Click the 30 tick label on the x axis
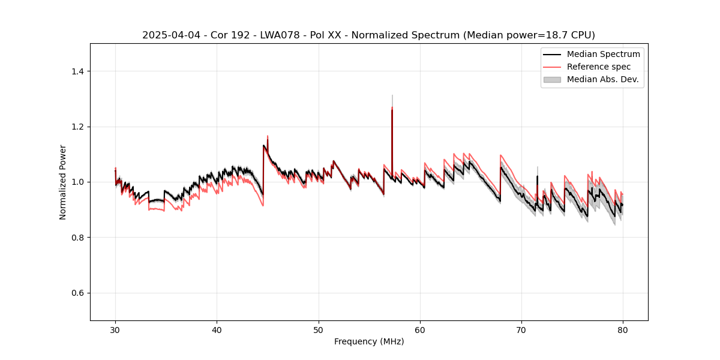click(115, 330)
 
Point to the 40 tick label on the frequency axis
click(217, 330)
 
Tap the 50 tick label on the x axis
click(319, 330)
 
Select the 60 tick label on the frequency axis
click(420, 330)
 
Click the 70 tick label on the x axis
click(521, 330)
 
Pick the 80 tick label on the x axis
click(623, 330)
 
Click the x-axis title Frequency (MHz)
click(369, 341)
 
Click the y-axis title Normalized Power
click(63, 182)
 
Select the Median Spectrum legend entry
click(603, 54)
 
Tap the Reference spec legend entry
click(599, 67)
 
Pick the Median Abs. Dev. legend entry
click(602, 79)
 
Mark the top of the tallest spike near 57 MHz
click(392, 95)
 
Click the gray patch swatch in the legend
click(551, 79)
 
